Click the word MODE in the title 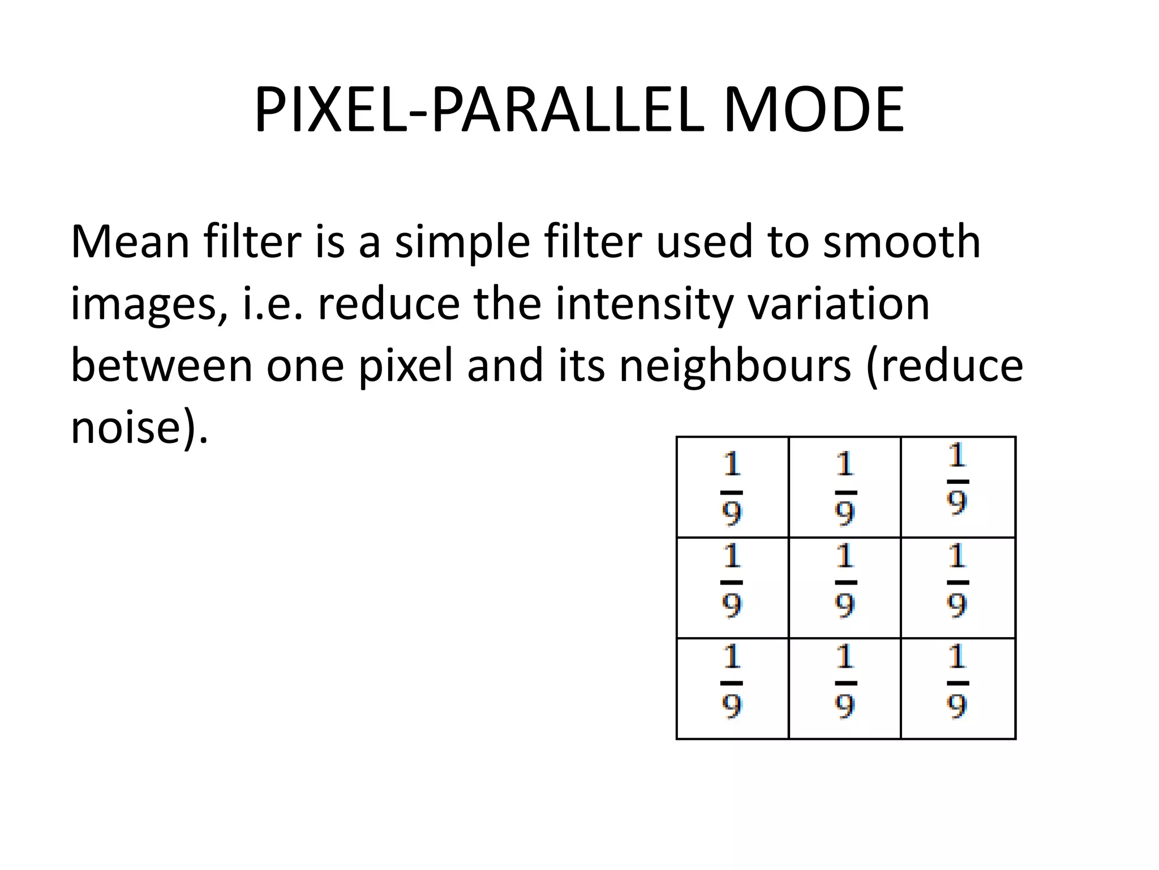[x=813, y=110]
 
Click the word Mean [x=130, y=242]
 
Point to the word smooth [x=901, y=242]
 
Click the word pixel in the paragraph [x=406, y=366]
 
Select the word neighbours [x=735, y=366]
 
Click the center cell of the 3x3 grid [x=844, y=588]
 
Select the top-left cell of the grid [x=732, y=487]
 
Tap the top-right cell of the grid [x=958, y=487]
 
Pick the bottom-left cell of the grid [x=732, y=689]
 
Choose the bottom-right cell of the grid [x=958, y=689]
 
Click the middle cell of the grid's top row [x=844, y=487]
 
